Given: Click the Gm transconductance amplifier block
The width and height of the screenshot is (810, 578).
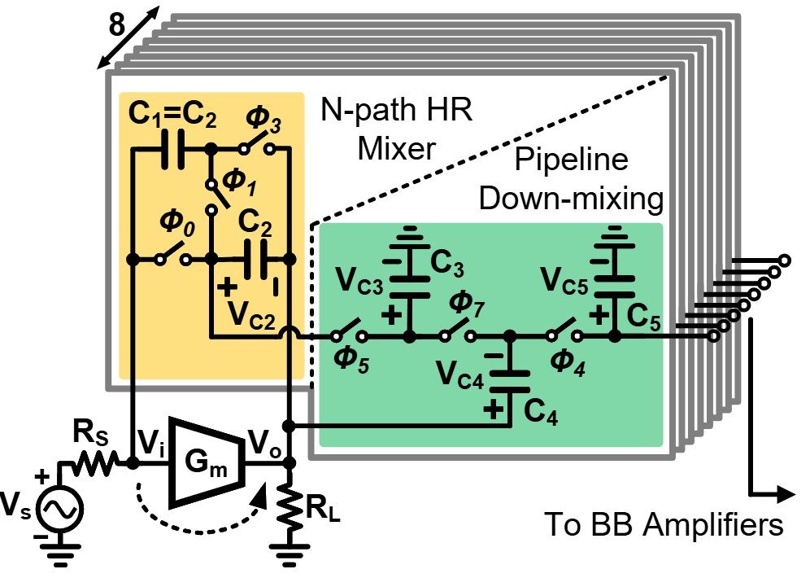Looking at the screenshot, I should click(x=203, y=463).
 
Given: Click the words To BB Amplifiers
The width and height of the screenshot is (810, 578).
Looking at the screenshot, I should click(x=662, y=524).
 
